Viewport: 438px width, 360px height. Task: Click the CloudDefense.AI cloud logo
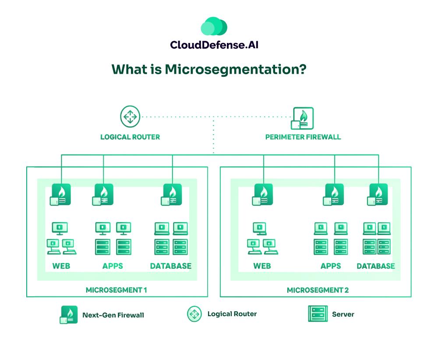coord(214,27)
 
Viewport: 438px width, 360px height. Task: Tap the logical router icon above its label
coord(130,117)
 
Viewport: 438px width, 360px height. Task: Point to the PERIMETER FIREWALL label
coord(303,137)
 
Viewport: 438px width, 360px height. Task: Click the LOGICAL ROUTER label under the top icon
coord(130,137)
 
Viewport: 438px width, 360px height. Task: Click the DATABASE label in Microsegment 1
coord(171,266)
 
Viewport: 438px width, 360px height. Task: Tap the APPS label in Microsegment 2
coord(331,266)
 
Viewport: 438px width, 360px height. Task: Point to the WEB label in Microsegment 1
coord(61,266)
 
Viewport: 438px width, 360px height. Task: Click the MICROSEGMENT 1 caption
coord(116,290)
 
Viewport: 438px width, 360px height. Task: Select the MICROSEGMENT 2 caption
coord(318,290)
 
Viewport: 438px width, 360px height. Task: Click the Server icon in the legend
coord(318,314)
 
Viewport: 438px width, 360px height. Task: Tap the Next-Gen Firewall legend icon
coord(69,314)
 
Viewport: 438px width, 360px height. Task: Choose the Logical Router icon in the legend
coord(194,314)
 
